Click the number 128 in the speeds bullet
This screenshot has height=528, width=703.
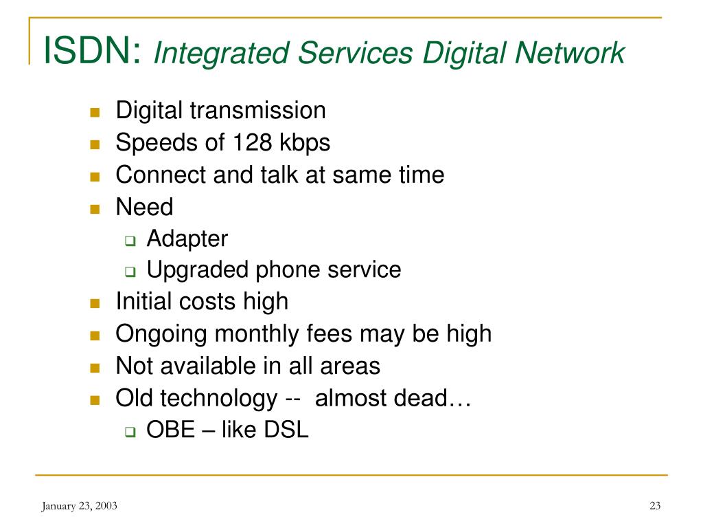point(253,142)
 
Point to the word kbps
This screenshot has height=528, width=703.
point(305,143)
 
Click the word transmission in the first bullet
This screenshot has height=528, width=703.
point(258,111)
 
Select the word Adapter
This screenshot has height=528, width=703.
point(187,239)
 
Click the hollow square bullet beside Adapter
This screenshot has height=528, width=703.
point(130,241)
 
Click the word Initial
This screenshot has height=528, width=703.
point(143,301)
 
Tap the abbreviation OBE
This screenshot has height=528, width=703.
point(171,430)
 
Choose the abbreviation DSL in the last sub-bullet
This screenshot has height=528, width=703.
point(286,430)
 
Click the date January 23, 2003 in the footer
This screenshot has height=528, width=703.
point(80,506)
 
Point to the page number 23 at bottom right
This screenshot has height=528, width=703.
point(655,505)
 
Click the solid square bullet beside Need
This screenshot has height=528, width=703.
point(95,209)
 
